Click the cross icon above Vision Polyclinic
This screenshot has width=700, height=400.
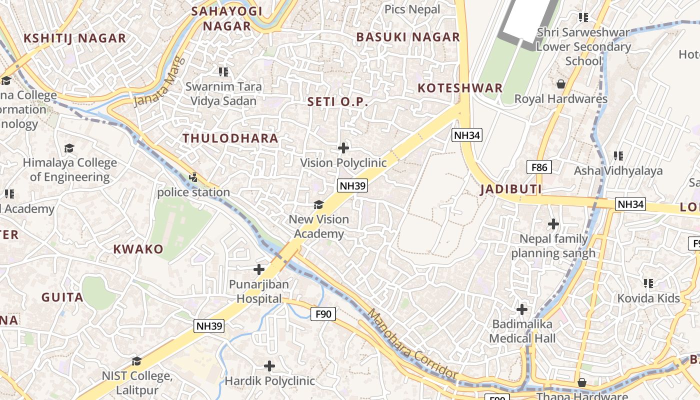(343, 147)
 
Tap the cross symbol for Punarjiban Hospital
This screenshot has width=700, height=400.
(259, 270)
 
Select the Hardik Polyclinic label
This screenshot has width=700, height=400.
(269, 381)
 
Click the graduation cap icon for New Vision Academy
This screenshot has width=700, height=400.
(318, 204)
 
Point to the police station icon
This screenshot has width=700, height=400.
(193, 177)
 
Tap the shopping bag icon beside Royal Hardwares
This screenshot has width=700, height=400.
(561, 84)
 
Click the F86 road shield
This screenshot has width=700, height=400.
(539, 167)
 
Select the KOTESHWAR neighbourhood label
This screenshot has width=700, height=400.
(460, 88)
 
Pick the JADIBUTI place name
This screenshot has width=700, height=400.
(511, 189)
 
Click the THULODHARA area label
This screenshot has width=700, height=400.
(230, 138)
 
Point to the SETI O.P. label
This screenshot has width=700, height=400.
(337, 102)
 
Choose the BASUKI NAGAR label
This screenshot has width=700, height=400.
(408, 37)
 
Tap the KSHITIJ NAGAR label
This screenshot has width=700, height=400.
(75, 38)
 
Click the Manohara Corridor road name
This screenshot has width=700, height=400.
(412, 344)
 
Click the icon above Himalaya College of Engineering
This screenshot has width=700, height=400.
(69, 148)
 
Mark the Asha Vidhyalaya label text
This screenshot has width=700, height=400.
(618, 171)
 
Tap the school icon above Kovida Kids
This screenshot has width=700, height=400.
(649, 284)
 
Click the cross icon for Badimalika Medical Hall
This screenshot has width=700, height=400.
(522, 309)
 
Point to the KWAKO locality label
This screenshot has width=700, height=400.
(138, 249)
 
